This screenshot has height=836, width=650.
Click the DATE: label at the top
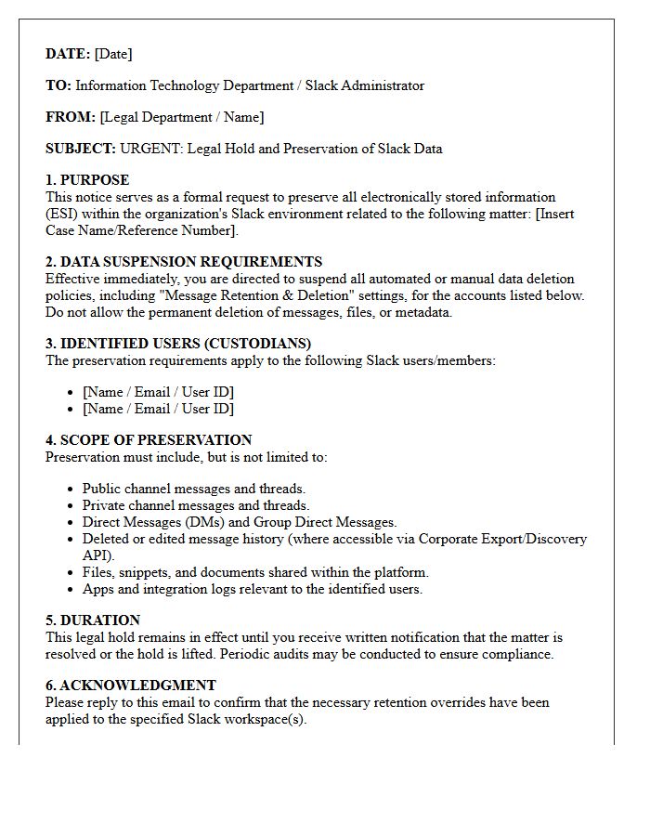click(x=68, y=54)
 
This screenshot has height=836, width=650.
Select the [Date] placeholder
click(x=113, y=54)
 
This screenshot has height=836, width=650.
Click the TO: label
click(x=58, y=85)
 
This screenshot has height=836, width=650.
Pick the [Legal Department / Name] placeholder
click(x=182, y=117)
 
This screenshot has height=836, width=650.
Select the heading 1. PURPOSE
click(x=87, y=180)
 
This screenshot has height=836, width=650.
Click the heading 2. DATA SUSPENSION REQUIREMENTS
click(x=184, y=262)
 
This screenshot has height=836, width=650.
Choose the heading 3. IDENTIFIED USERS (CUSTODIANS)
click(x=178, y=344)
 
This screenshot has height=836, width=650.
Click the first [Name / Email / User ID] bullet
click(x=158, y=392)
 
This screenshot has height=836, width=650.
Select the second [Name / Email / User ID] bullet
click(x=158, y=409)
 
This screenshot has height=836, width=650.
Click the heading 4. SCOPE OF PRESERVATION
click(x=149, y=440)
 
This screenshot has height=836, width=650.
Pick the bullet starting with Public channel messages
click(x=193, y=489)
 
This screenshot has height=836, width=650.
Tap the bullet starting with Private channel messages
click(x=195, y=505)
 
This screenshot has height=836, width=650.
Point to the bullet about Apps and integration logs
click(x=252, y=589)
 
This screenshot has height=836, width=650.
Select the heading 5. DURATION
click(x=93, y=620)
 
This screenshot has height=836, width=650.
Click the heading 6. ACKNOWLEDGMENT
click(x=131, y=686)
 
